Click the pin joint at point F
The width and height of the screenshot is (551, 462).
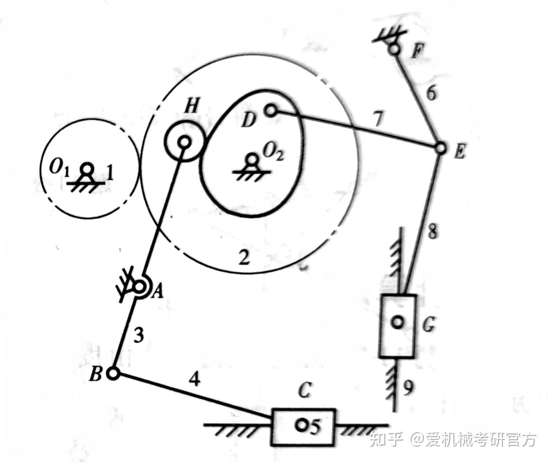click(394, 49)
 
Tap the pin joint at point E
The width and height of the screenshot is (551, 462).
click(441, 148)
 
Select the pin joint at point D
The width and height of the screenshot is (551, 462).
click(271, 111)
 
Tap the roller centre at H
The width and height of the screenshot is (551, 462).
click(184, 143)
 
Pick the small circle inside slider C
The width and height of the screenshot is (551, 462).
click(302, 425)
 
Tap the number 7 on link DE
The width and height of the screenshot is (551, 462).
click(379, 120)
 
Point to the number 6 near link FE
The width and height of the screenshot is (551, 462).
click(431, 94)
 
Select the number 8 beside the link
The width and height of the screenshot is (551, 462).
click(432, 232)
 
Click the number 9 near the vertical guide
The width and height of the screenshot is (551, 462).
click(408, 388)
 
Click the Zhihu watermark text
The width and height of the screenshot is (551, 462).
click(452, 440)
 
